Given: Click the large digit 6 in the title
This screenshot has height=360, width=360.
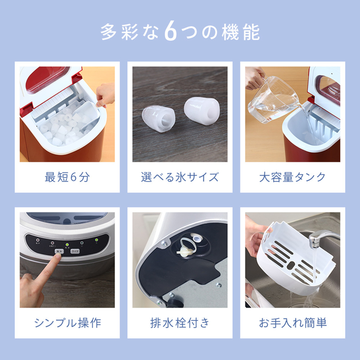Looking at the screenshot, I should [x=171, y=32].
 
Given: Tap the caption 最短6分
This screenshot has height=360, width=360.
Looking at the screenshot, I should [x=67, y=177].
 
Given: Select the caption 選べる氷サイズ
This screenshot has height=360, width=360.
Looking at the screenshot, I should [x=180, y=177].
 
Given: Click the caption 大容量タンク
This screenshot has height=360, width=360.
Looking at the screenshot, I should [x=293, y=177].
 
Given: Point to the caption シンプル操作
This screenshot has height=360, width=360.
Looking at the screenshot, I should [x=67, y=323].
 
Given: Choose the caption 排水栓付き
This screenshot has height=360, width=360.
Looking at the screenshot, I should [x=180, y=323].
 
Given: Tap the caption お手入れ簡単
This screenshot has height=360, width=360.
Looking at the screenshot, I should [x=293, y=323].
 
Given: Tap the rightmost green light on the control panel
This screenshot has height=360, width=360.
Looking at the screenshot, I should [x=97, y=240].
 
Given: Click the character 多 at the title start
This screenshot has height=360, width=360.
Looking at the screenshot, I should [x=109, y=32].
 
